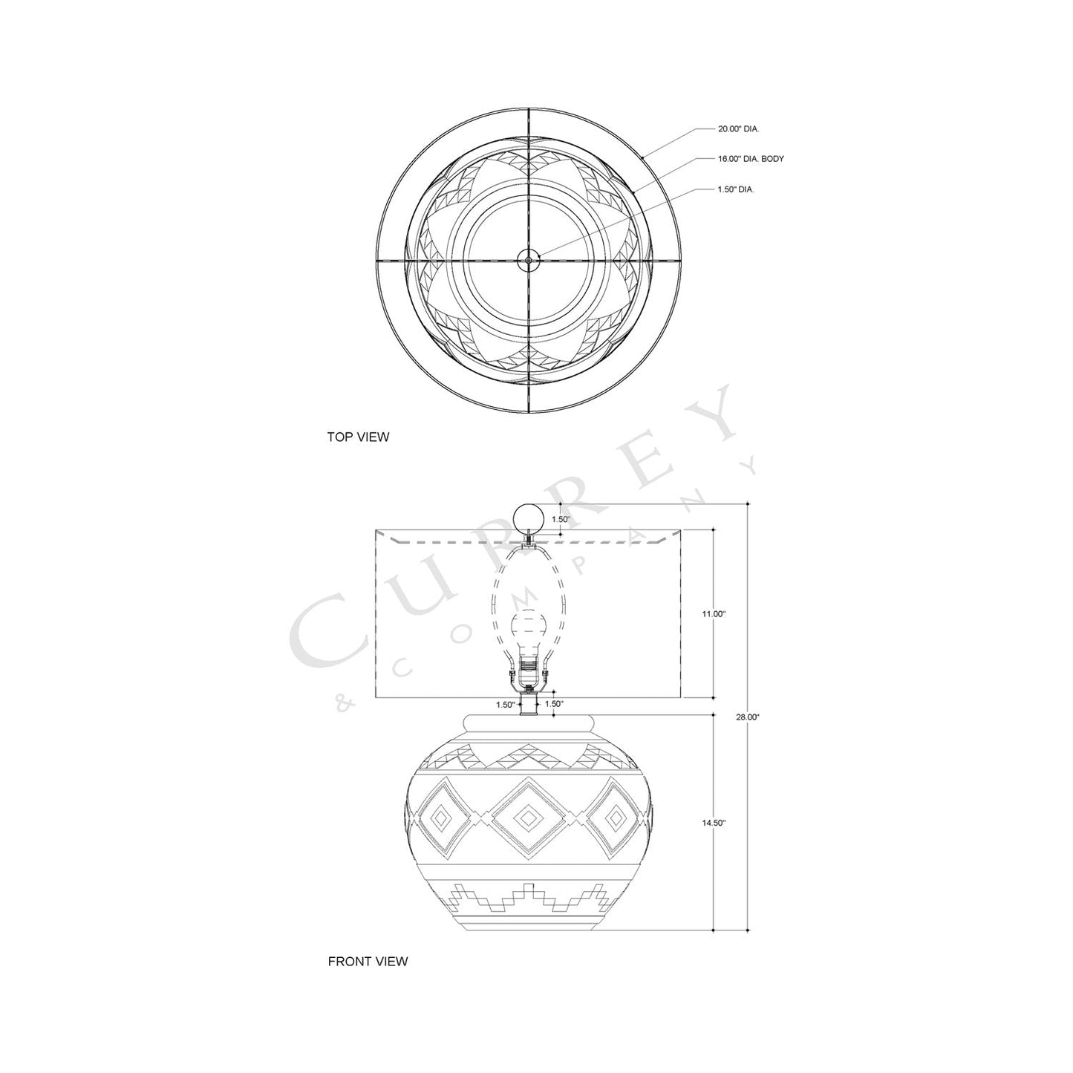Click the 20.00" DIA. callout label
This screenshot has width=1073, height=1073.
click(737, 128)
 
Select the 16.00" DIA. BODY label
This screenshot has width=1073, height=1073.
click(751, 159)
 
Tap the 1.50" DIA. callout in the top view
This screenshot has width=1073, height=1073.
click(736, 189)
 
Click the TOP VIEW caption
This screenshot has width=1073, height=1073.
click(358, 437)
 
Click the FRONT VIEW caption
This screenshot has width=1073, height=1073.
click(368, 962)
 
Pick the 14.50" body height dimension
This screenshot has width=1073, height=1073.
click(713, 823)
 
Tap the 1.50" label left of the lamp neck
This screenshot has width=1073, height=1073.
click(506, 704)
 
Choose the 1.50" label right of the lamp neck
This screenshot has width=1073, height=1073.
click(554, 704)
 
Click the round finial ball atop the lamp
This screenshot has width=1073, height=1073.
click(529, 517)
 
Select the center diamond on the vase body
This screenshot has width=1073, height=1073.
click(528, 817)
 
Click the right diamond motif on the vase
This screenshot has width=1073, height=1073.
click(615, 817)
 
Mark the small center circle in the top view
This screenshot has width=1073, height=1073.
click(529, 259)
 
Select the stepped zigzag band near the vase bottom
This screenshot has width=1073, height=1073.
click(528, 898)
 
